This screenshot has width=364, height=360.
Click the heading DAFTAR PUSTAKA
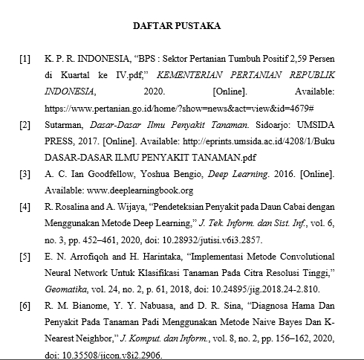[x=176, y=26]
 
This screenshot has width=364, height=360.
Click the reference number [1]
[x=26, y=57]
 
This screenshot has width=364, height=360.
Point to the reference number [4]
[x=26, y=206]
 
